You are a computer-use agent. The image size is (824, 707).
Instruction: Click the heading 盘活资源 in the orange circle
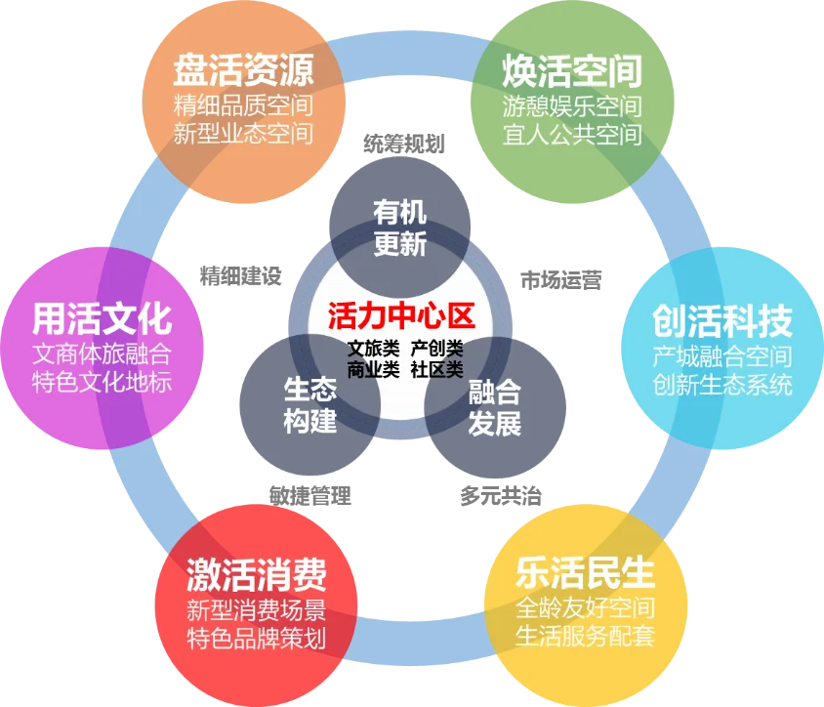pos(243,70)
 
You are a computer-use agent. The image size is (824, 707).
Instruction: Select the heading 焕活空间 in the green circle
pos(572,70)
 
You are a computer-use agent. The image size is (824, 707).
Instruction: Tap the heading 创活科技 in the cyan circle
pos(722,320)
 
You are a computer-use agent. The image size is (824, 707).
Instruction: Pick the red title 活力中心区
pos(400,316)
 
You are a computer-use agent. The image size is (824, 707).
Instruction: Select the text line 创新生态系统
pos(722,384)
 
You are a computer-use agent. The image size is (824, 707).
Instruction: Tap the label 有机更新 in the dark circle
pos(400,228)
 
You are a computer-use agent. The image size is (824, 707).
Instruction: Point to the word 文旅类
pos(374,348)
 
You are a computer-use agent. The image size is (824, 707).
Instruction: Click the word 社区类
pos(436,369)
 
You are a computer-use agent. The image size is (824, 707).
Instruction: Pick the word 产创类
pos(436,348)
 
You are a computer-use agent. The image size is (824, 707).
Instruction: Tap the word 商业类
pos(374,369)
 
